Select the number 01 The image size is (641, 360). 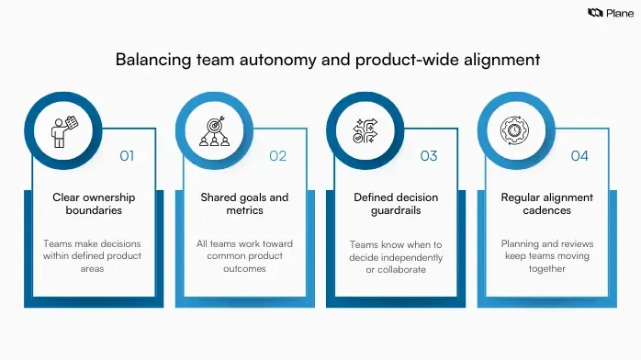click(127, 156)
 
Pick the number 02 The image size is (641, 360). click(278, 156)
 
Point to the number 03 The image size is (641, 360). click(429, 156)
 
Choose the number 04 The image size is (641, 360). click(579, 156)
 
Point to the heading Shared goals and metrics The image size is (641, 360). click(244, 204)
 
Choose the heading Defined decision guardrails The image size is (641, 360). click(396, 204)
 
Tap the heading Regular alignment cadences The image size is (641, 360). click(546, 204)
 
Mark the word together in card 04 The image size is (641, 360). click(546, 270)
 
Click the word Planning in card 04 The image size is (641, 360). click(520, 244)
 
